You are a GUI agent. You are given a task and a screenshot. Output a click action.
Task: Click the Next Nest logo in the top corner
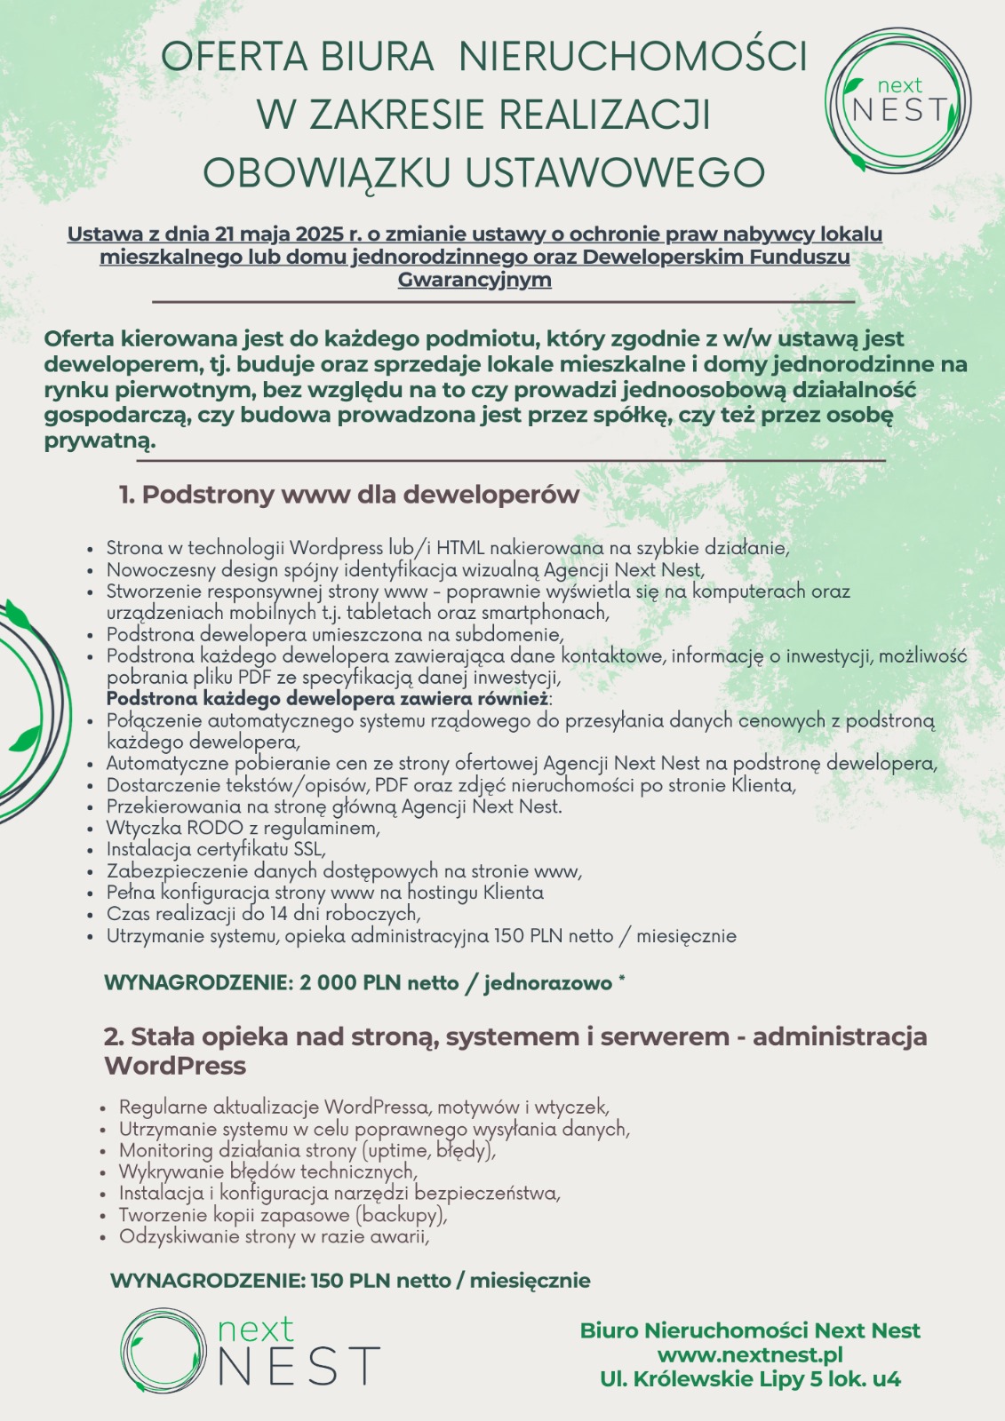click(x=897, y=99)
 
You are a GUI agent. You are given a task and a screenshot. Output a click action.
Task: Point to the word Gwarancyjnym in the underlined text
click(x=475, y=280)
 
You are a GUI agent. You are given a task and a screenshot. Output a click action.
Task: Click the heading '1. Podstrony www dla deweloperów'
click(x=349, y=495)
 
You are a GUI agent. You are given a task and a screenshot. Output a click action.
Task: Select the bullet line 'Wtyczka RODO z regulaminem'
click(x=243, y=828)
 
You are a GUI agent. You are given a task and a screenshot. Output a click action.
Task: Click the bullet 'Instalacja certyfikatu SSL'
click(x=216, y=849)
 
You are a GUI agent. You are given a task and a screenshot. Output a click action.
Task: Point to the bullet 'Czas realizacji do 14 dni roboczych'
click(x=263, y=914)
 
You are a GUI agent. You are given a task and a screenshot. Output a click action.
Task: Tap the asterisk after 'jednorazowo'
click(x=621, y=980)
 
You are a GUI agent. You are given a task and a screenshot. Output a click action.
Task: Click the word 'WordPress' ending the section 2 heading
click(x=175, y=1066)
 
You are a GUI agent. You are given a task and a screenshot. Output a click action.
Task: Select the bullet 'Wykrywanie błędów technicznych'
click(x=267, y=1172)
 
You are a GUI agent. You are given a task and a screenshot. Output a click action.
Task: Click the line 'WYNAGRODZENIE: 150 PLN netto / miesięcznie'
click(x=350, y=1281)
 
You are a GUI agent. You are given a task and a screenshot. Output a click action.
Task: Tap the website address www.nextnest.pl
click(x=750, y=1355)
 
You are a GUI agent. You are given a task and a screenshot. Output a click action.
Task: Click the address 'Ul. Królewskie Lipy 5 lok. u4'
click(x=750, y=1379)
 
